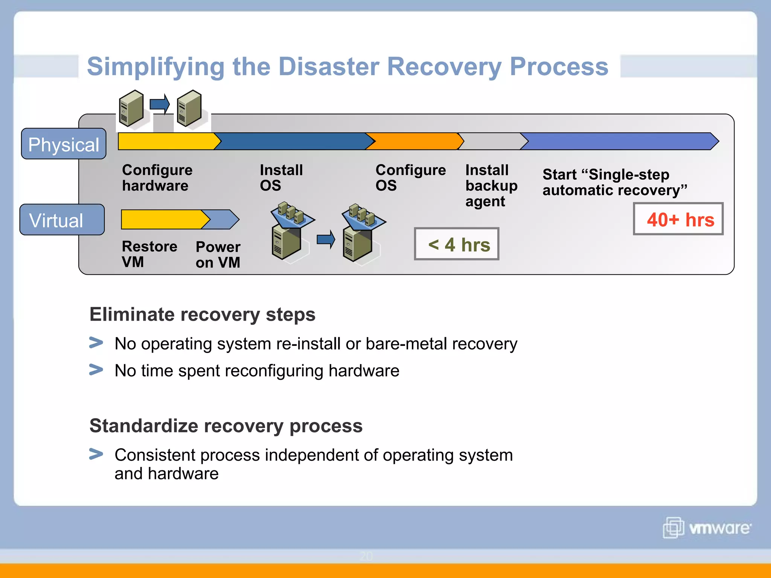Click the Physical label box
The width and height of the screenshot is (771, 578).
64,144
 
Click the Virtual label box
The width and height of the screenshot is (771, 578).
62,220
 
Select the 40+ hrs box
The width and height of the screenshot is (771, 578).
678,219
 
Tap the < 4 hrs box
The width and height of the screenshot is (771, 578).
457,244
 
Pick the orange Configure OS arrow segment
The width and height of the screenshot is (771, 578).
414,141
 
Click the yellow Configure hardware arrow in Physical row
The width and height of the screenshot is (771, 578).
166,141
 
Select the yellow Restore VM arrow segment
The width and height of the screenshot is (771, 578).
162,219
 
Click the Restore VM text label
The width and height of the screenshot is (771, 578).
149,254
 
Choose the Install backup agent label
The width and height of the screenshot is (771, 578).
491,186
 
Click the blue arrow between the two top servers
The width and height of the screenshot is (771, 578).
160,104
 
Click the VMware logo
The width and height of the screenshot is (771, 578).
707,528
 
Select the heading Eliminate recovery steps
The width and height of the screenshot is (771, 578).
202,314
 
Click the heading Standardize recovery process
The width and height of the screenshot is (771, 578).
226,426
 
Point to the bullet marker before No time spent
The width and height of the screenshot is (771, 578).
96,370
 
